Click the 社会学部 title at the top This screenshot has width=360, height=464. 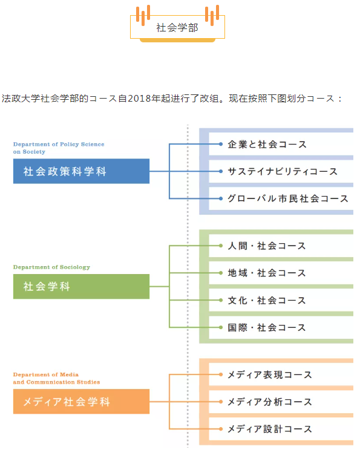177,27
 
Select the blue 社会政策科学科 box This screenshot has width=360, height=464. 81,171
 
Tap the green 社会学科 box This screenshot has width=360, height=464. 81,286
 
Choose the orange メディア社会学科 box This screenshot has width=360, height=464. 81,401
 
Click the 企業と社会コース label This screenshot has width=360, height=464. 267,145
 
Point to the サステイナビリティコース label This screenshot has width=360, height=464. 283,171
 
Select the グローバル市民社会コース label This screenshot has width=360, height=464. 288,198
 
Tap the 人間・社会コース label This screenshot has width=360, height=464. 266,246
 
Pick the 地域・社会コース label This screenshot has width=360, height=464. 266,273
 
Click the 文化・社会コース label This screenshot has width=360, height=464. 266,300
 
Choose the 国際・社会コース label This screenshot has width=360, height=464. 266,327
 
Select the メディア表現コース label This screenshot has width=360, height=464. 269,374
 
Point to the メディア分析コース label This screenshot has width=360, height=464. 269,402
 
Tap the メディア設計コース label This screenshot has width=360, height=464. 269,429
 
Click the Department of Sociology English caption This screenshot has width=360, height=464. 51,267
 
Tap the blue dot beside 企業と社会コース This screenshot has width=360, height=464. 221,144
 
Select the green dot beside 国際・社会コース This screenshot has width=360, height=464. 221,327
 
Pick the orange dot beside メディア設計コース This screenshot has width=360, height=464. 221,429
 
